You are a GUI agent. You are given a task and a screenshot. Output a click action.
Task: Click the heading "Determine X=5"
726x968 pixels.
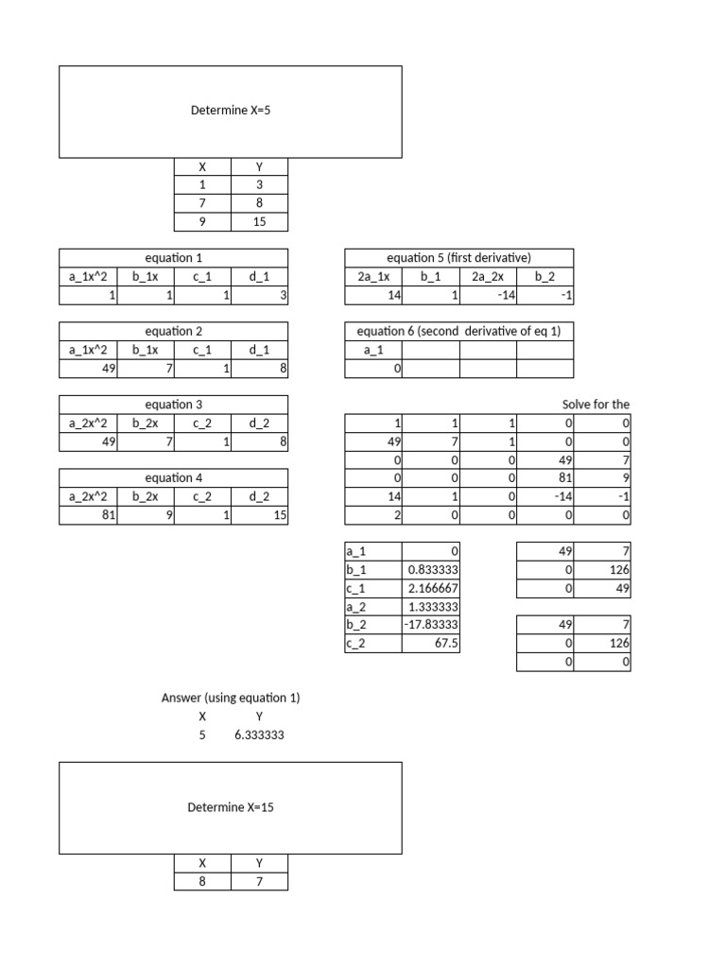point(231,111)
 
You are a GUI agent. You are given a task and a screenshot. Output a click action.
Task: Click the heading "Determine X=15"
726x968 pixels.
point(231,807)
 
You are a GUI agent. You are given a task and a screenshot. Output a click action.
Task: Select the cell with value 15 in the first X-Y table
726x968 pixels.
point(259,222)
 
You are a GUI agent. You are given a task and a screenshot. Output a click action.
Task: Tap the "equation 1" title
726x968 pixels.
point(173,257)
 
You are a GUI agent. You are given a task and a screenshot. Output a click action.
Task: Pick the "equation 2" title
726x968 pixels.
point(173,331)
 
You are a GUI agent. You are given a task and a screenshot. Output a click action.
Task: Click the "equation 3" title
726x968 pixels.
point(173,405)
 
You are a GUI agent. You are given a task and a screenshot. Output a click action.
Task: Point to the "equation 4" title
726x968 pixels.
point(173,478)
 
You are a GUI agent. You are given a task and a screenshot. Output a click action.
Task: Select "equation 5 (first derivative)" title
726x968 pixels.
point(459,257)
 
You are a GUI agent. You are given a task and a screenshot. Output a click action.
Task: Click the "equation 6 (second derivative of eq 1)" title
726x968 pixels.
point(459,331)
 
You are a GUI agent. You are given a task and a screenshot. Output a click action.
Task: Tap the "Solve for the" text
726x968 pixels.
point(596,405)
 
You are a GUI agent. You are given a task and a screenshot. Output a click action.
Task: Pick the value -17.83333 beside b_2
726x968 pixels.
point(432,625)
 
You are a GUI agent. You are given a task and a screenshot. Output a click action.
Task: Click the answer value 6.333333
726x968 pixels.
point(259,735)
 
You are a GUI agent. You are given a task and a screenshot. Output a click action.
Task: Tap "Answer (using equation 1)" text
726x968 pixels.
point(231,698)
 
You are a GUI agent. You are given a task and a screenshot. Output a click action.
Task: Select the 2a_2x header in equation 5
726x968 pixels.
point(488,276)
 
